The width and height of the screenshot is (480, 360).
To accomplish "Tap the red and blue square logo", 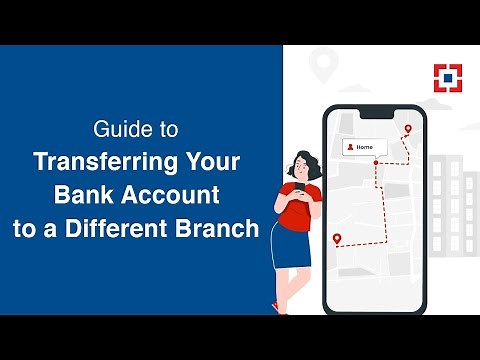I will point(446,78).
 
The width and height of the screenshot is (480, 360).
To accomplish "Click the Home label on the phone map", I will point(365,147).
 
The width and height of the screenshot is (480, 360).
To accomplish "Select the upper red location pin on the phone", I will point(407,130).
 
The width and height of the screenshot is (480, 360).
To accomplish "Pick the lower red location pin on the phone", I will point(337,239).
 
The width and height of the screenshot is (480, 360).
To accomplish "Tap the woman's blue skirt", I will point(289,246).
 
